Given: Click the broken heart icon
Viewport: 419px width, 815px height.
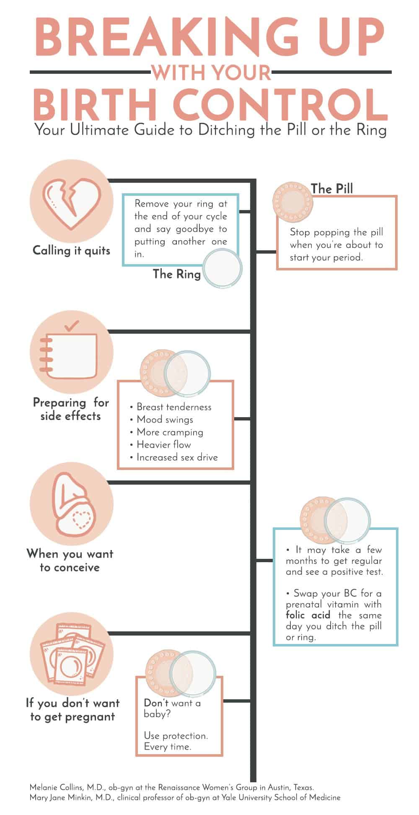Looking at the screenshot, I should tap(71, 201).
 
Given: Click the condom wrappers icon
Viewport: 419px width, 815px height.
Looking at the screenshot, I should tap(71, 654).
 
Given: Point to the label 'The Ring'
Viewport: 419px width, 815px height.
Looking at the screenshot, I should tap(176, 274).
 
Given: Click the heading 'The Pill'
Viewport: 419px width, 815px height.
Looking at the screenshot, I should tap(331, 189).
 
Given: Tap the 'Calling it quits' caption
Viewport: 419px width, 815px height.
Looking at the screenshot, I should tap(71, 251).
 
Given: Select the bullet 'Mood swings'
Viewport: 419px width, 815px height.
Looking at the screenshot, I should tap(165, 420).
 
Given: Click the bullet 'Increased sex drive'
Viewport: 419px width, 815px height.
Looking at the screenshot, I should tap(177, 457).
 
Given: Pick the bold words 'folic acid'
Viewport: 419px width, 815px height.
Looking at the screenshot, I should tap(308, 615).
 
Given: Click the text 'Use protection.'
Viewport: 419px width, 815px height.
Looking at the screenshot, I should tap(176, 736).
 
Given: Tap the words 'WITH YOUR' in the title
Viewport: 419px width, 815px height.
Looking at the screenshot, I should tap(212, 72).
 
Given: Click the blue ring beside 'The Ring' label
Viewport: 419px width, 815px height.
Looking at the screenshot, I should tap(222, 269).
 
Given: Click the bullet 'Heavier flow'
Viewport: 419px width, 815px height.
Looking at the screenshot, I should tap(163, 445).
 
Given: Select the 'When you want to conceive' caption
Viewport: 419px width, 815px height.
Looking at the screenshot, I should tap(70, 561).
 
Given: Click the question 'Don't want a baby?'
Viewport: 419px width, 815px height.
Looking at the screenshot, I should tap(172, 708).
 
